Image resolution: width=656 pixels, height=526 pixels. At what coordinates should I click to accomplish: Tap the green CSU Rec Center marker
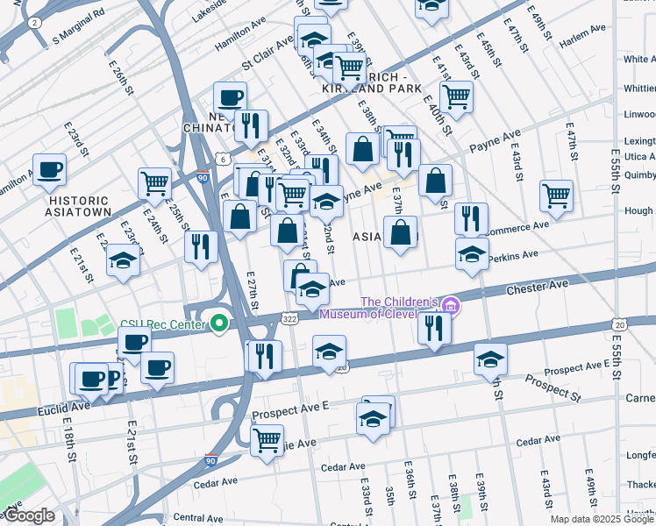click(219, 324)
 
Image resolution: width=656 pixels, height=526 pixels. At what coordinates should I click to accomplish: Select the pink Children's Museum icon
click(451, 306)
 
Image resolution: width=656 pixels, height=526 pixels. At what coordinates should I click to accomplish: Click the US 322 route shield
click(289, 319)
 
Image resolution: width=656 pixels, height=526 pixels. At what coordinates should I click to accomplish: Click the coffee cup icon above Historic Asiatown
click(49, 168)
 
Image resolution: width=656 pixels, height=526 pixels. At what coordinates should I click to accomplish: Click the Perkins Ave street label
click(516, 254)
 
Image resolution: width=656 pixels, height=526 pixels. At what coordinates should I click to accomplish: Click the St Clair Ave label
click(267, 53)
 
